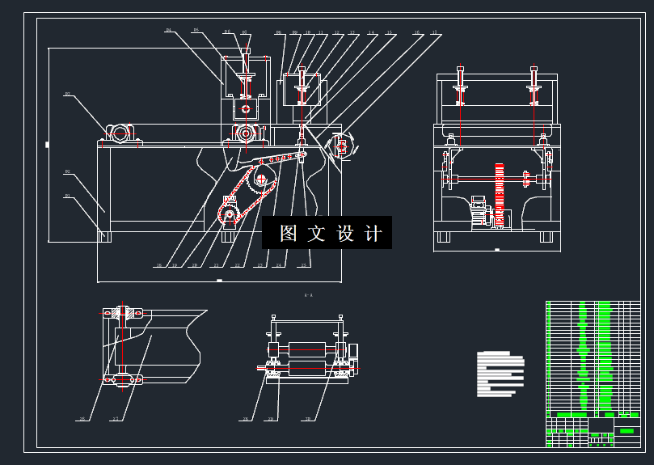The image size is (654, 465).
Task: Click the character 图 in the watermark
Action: tap(289, 234)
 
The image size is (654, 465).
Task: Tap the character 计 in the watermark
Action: tap(373, 234)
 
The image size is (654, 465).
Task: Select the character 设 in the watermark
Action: tap(345, 234)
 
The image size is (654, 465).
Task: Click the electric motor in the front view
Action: tap(480, 213)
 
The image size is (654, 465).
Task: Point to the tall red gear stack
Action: tap(499, 194)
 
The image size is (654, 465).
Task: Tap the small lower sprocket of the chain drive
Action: tap(229, 215)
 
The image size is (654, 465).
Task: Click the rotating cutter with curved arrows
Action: tap(341, 146)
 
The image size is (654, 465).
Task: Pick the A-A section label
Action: tap(308, 296)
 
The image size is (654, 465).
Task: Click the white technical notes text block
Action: tap(500, 373)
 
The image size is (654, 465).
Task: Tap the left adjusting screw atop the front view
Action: tap(460, 85)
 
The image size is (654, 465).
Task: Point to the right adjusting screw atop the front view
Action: tap(534, 85)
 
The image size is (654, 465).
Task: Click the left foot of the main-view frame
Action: tap(103, 236)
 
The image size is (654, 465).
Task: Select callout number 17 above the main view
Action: tap(435, 34)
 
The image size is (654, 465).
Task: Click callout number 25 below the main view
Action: tap(303, 265)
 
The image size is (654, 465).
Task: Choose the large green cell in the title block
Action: tap(627, 431)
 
